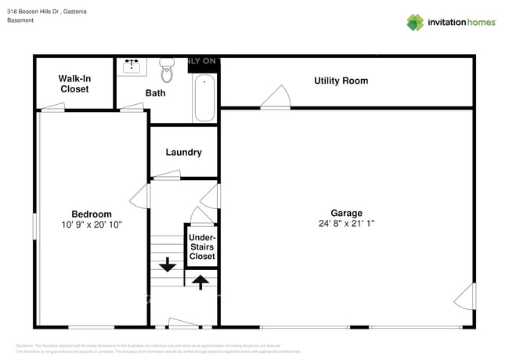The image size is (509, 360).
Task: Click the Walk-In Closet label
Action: [x=74, y=84]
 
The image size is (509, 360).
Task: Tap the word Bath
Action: [x=155, y=93]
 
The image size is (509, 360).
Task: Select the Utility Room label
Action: [x=341, y=81]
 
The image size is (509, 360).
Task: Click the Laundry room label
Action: [x=183, y=153]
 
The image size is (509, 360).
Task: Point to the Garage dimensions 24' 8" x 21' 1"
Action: [x=346, y=224]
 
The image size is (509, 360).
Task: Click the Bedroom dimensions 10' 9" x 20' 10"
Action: [x=92, y=225]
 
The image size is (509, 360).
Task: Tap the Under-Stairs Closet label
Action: [x=202, y=247]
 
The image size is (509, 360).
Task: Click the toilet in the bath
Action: [x=167, y=70]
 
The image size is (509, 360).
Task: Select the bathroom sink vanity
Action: [x=132, y=66]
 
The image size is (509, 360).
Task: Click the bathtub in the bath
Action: [x=204, y=98]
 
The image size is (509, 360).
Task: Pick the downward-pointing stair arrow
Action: [x=167, y=265]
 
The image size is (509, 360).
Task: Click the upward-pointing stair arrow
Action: [x=200, y=281]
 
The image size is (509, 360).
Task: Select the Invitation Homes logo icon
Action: [x=415, y=23]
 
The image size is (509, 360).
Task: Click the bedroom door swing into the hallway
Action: [x=140, y=196]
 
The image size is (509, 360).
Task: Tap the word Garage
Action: [x=346, y=213]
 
